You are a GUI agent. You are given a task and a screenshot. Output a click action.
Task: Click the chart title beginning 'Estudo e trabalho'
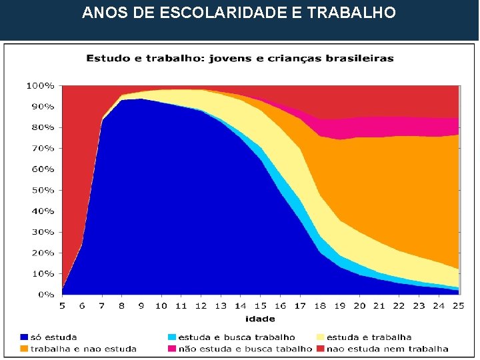coord(239,58)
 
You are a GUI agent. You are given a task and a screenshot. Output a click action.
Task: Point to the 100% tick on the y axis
coord(40,86)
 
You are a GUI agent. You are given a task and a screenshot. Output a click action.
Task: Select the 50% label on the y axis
coord(42,190)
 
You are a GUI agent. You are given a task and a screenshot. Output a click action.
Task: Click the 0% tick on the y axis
coord(45,294)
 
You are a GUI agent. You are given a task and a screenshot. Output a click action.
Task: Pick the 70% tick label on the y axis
coord(42,149)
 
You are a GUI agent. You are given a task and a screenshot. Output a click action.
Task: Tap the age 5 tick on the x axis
coord(62,305)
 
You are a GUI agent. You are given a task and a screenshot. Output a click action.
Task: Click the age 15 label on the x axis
coord(260,305)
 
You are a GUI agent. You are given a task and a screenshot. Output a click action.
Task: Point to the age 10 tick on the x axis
coord(161,305)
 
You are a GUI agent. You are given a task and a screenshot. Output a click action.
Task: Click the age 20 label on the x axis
coord(359,305)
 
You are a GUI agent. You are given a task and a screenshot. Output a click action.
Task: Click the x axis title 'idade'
coord(259,317)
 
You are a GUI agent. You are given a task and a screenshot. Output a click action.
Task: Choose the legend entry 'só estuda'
coord(53,337)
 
